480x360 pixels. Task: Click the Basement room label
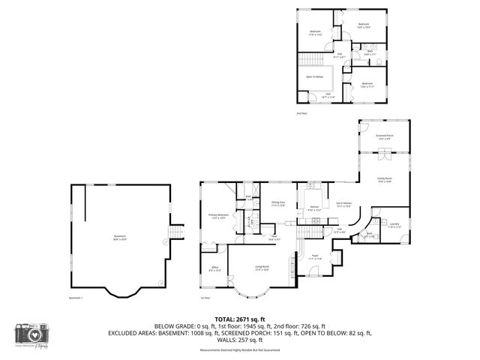[119, 236]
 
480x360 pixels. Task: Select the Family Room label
[385, 179]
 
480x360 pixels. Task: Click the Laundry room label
[394, 224]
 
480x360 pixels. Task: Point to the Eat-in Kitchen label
[344, 204]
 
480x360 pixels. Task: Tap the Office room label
[214, 268]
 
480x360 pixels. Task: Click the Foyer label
[316, 256]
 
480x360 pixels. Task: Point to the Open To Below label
[315, 76]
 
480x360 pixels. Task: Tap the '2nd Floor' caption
[301, 113]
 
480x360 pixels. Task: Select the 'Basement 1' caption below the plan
[76, 298]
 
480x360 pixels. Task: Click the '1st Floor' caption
[205, 298]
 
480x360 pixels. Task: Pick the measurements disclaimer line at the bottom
[240, 350]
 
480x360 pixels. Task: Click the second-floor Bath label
[368, 54]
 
